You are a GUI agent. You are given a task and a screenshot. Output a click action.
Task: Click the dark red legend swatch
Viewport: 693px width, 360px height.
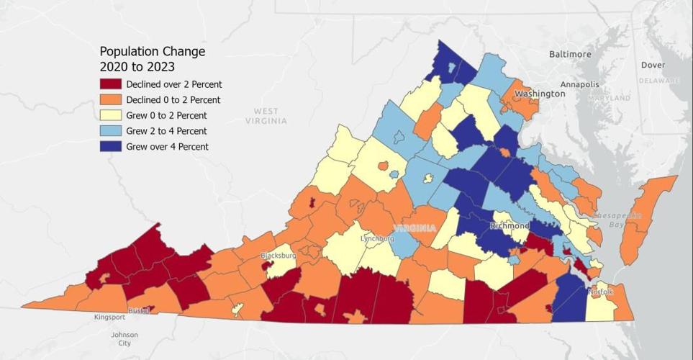[x=111, y=84]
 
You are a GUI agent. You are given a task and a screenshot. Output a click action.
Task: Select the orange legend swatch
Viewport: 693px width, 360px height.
[x=111, y=100]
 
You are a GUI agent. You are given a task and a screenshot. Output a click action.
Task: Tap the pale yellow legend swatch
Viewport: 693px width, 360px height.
[x=111, y=115]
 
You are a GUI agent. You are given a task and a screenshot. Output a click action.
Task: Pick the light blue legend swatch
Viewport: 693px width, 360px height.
[x=111, y=131]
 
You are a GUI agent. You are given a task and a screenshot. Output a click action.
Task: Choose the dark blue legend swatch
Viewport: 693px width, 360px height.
[x=111, y=147]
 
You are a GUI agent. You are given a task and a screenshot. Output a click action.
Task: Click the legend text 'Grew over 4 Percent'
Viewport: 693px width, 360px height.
[x=167, y=147]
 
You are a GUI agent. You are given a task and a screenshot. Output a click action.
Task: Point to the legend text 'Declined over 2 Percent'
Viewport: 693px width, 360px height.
[x=173, y=84]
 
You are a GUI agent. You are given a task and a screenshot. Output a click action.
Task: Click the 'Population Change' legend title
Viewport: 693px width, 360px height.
[x=152, y=52]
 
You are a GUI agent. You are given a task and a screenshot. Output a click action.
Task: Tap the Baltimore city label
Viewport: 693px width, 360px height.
[x=570, y=54]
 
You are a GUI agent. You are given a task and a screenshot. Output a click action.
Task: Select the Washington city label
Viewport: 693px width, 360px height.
[x=540, y=94]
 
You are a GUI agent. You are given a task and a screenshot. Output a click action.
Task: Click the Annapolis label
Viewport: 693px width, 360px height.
[x=579, y=84]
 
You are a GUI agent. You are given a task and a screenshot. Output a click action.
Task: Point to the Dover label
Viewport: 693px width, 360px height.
[x=653, y=65]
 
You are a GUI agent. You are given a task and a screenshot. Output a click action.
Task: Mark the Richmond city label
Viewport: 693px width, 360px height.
[x=509, y=225]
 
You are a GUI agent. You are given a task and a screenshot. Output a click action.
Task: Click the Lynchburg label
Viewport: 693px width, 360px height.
[x=377, y=238]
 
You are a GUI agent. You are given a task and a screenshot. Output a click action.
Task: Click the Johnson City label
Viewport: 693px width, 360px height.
[x=124, y=339]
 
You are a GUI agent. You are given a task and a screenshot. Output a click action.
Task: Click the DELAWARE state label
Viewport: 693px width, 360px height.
[x=659, y=81]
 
